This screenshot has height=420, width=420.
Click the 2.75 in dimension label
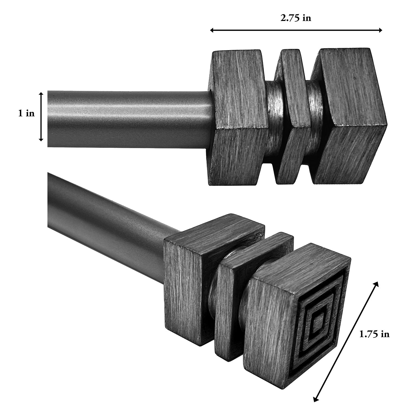click(x=296, y=18)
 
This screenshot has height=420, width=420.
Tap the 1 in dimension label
click(x=27, y=113)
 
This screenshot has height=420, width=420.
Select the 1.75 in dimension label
click(x=374, y=334)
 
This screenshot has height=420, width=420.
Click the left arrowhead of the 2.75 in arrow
click(x=212, y=30)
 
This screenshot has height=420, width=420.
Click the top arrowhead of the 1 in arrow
click(x=41, y=94)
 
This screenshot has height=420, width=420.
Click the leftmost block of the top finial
click(x=238, y=118)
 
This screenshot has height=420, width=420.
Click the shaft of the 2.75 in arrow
click(x=296, y=30)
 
